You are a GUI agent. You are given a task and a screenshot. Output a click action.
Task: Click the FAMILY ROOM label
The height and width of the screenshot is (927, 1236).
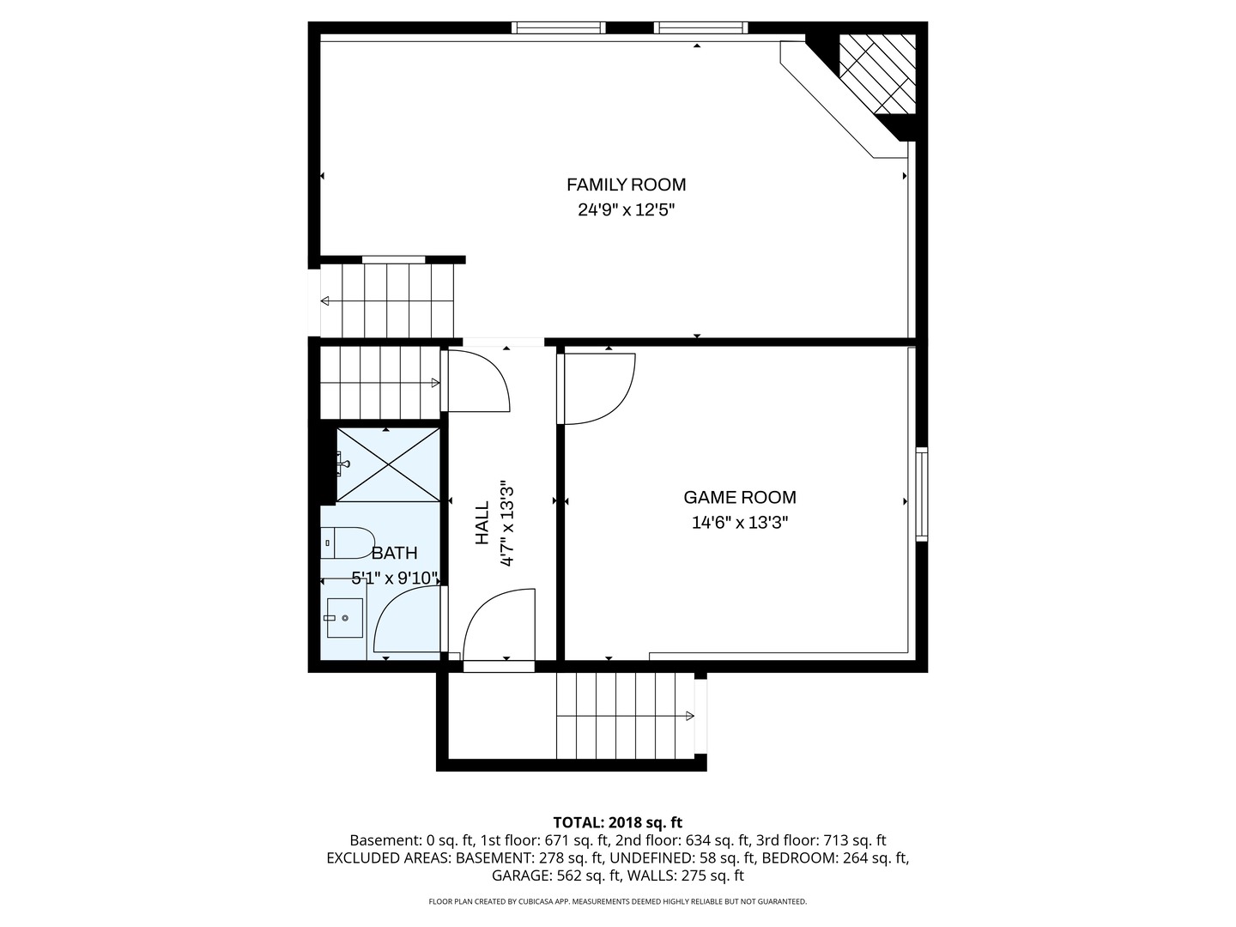[626, 185]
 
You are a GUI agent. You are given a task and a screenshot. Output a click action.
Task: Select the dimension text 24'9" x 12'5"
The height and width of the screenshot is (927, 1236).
[627, 210]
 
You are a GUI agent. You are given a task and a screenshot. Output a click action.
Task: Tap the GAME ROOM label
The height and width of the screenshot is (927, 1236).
[739, 498]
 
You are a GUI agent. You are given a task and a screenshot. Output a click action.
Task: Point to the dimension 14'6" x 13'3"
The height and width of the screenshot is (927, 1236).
[739, 523]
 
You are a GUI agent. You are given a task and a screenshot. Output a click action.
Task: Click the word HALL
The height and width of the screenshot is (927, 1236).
[482, 524]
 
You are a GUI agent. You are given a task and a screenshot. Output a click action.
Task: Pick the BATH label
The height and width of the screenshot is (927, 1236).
[394, 554]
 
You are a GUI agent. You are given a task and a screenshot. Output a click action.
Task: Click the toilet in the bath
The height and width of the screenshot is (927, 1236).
[348, 542]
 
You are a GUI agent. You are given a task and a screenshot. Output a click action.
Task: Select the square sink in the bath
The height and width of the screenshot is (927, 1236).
[344, 618]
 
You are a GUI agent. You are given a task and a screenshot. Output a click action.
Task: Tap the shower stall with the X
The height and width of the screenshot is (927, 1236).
[389, 464]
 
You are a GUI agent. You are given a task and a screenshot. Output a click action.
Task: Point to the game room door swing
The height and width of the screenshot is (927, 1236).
[599, 388]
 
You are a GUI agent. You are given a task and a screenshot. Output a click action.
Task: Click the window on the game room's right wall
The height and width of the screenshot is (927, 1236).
[921, 494]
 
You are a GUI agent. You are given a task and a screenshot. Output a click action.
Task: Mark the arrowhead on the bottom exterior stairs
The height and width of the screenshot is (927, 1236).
[690, 716]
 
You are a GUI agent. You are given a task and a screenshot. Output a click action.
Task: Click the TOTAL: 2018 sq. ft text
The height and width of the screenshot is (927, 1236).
[618, 822]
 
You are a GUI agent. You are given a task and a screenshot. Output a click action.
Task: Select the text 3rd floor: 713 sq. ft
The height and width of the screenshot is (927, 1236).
[821, 840]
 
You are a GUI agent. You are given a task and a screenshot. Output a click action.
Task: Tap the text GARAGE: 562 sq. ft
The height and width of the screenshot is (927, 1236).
[557, 875]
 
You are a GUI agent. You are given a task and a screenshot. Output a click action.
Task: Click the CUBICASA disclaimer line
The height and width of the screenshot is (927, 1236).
[618, 901]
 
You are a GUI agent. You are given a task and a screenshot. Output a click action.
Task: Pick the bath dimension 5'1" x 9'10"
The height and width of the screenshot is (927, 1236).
[395, 578]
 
